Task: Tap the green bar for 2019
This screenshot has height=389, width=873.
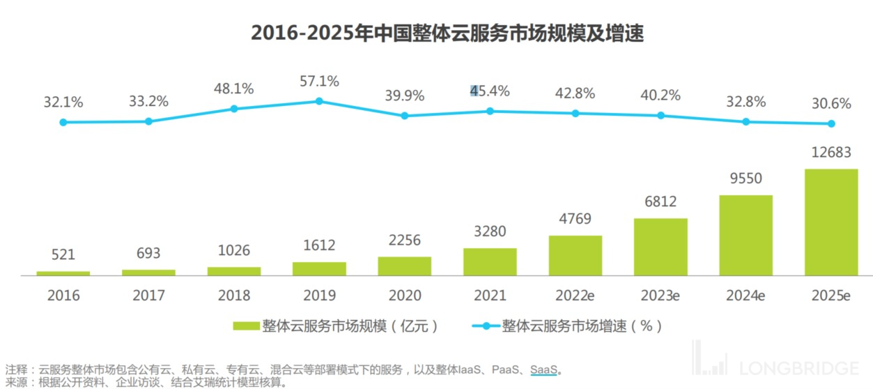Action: tap(319, 268)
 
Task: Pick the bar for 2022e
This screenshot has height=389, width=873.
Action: tap(575, 255)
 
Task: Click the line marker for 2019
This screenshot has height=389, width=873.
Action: tap(319, 101)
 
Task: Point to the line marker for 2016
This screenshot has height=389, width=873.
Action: tap(63, 122)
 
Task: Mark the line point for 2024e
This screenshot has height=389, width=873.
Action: tap(745, 121)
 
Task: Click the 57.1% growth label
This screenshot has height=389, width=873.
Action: tap(319, 82)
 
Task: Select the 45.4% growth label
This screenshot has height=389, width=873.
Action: tap(490, 91)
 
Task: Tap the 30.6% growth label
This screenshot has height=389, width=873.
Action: tap(831, 104)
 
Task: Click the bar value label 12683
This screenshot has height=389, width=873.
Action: tap(831, 153)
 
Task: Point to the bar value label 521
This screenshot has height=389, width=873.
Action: tap(63, 256)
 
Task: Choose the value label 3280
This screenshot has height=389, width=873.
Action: tap(490, 231)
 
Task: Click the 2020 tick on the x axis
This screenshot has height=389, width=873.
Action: tap(404, 295)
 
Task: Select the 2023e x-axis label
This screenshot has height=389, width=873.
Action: tap(660, 295)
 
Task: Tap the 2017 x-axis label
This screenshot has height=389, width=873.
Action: tap(148, 295)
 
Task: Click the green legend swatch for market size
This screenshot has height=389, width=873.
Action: tap(245, 326)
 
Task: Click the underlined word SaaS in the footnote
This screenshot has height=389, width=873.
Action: tap(543, 369)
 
